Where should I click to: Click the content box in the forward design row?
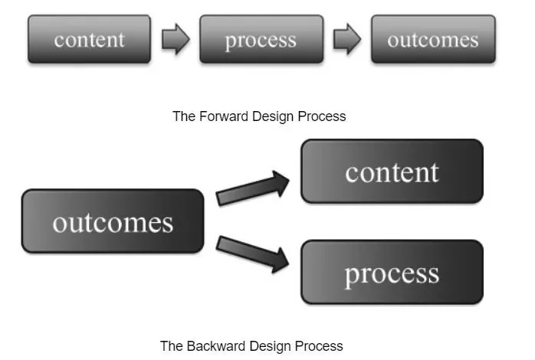point(89,39)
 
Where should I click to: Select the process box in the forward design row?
point(261,39)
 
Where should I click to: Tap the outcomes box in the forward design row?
point(433,39)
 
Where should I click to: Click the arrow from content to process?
point(176,40)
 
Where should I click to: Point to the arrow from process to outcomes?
point(347,40)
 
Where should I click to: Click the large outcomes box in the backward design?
point(113,221)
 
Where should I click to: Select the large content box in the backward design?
point(392,172)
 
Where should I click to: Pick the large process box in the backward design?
point(392,273)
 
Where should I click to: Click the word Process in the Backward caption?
point(320,345)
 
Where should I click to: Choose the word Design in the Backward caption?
point(267,345)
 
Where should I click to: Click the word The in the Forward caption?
point(183,116)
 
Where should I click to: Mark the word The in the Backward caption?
point(171,345)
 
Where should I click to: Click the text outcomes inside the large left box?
point(113,223)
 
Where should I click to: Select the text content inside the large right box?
point(392,172)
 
